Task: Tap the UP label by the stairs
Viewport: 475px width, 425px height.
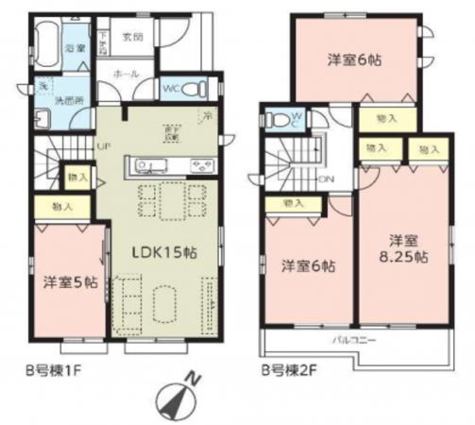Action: (106, 144)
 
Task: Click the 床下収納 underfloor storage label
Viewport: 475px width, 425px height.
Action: (173, 132)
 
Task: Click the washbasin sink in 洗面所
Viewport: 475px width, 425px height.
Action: (42, 118)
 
